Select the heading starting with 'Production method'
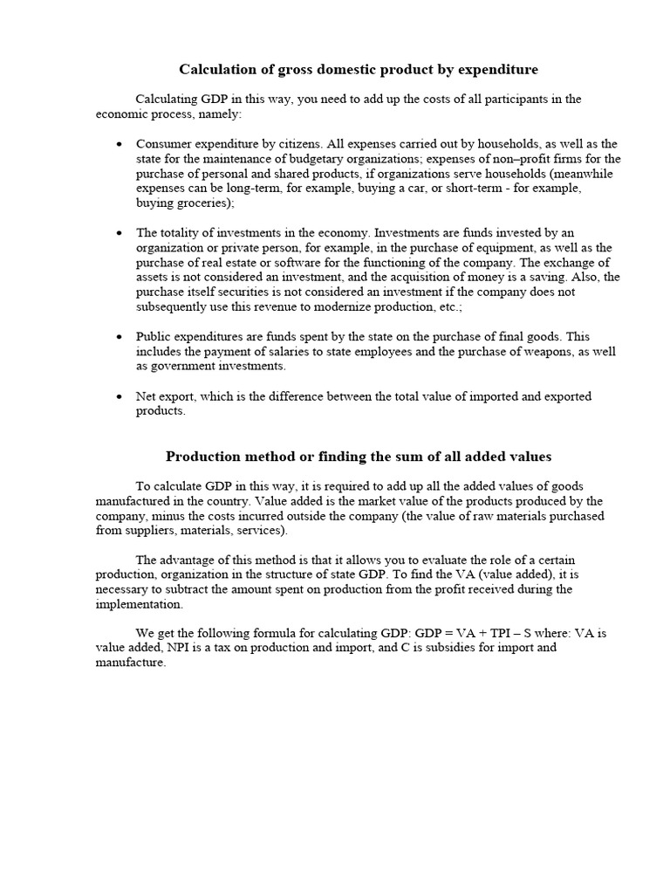[x=359, y=457]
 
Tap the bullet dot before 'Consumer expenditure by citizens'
[x=119, y=144]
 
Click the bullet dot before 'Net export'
[x=119, y=397]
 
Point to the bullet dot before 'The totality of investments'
[x=119, y=233]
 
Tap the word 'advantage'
[x=188, y=560]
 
